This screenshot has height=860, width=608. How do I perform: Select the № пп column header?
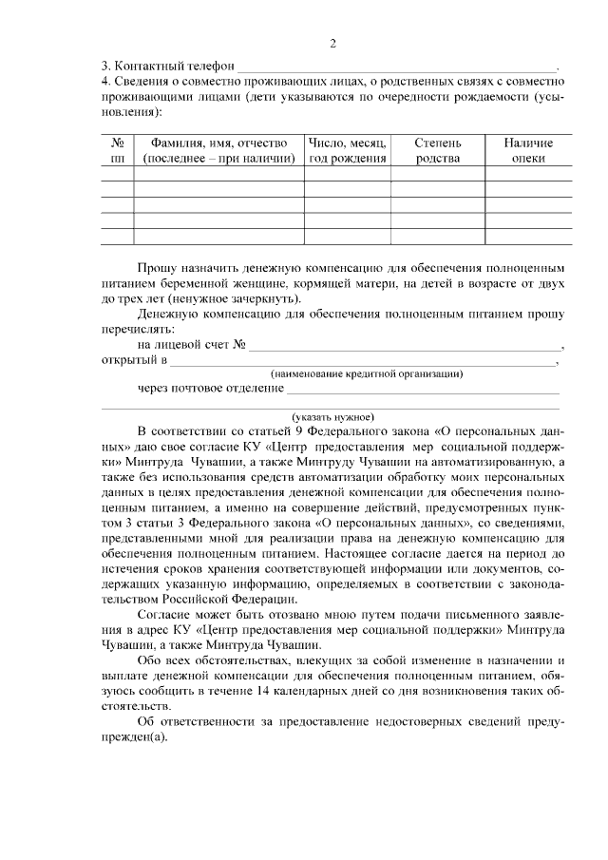(x=117, y=150)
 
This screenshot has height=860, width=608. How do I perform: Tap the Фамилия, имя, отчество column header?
(x=218, y=150)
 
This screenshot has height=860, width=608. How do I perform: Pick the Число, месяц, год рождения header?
(x=349, y=150)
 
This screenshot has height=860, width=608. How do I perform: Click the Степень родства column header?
(x=438, y=150)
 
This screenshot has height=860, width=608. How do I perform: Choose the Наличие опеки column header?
(x=528, y=150)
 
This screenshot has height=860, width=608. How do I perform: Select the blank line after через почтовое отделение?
(x=423, y=389)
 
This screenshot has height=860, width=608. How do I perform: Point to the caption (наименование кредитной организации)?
(x=367, y=374)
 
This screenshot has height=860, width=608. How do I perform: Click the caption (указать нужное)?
(x=333, y=416)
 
